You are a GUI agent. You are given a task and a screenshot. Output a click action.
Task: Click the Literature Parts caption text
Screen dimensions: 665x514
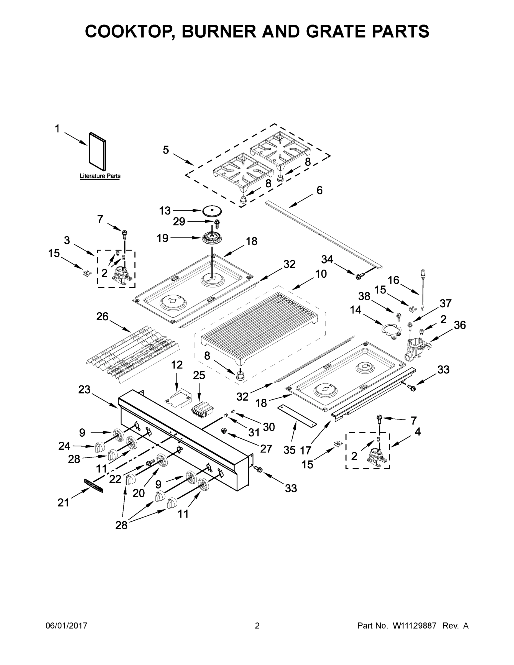click(100, 176)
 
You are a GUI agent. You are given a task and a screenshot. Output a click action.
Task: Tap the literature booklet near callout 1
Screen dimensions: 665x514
click(98, 151)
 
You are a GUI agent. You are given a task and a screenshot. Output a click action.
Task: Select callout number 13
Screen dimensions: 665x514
click(165, 210)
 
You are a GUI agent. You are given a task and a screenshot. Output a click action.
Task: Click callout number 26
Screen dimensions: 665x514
click(102, 316)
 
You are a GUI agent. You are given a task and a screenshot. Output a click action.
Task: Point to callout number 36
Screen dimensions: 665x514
click(460, 325)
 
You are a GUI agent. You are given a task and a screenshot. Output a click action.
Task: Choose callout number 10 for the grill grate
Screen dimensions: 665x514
click(321, 274)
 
